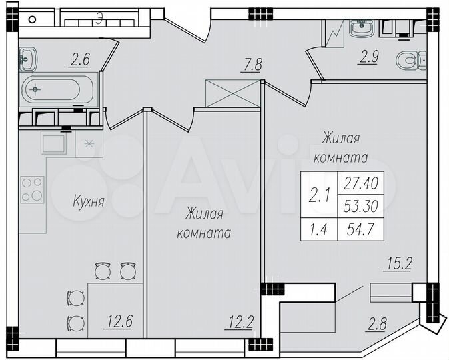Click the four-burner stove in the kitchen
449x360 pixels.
click(x=32, y=188)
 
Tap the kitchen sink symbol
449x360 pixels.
click(x=53, y=141)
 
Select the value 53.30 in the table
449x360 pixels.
click(x=361, y=206)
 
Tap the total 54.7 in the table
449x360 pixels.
click(x=361, y=230)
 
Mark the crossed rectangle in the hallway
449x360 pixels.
click(x=232, y=92)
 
